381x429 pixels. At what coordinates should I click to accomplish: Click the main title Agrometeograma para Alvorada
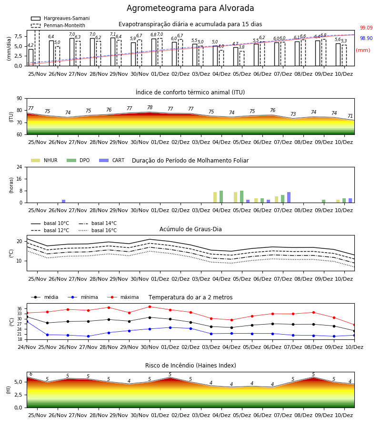pyautogui.click(x=190, y=8)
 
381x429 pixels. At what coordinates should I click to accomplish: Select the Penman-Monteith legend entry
pyautogui.click(x=58, y=25)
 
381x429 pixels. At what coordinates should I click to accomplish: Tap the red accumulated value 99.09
pyautogui.click(x=366, y=28)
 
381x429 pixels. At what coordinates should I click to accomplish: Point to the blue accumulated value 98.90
pyautogui.click(x=366, y=38)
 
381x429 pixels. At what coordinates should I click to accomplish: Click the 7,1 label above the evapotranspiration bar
pyautogui.click(x=112, y=34)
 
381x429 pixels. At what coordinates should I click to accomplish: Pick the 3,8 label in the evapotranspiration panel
pyautogui.click(x=241, y=47)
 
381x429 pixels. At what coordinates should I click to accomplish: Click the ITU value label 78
pyautogui.click(x=150, y=108)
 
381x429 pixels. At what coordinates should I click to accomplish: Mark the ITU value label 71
pyautogui.click(x=350, y=116)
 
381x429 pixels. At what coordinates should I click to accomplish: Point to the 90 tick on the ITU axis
pyautogui.click(x=20, y=99)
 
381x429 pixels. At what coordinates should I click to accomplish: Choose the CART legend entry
pyautogui.click(x=112, y=160)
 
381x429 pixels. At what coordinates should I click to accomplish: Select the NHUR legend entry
pyautogui.click(x=44, y=160)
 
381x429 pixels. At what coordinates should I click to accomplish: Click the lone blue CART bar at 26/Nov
pyautogui.click(x=64, y=201)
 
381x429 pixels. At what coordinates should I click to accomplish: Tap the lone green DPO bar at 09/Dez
pyautogui.click(x=323, y=201)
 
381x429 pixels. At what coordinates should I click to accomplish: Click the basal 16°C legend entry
pyautogui.click(x=98, y=230)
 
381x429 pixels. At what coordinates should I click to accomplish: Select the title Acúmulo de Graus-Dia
pyautogui.click(x=190, y=229)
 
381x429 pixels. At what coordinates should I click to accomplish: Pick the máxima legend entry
pyautogui.click(x=123, y=297)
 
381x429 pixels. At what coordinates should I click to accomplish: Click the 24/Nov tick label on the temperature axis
pyautogui.click(x=27, y=347)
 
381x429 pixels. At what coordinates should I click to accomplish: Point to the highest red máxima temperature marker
pyautogui.click(x=150, y=306)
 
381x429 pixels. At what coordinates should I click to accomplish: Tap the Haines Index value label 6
pyautogui.click(x=31, y=374)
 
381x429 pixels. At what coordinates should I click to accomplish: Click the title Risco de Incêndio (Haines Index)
pyautogui.click(x=190, y=366)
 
